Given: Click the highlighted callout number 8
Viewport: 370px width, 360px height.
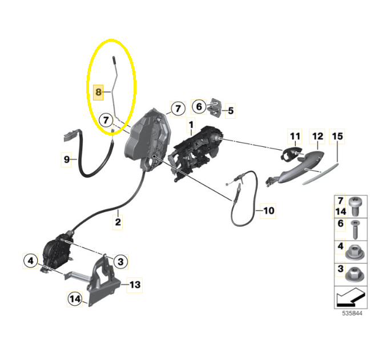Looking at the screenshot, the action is [98, 92].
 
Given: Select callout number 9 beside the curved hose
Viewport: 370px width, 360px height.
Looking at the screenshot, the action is [67, 159].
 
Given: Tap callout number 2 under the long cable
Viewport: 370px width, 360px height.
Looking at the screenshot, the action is [118, 222].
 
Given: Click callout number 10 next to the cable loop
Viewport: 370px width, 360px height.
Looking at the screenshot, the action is [268, 210].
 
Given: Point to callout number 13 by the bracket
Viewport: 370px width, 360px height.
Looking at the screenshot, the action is [135, 285].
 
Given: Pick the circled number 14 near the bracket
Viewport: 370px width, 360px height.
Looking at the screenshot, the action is [75, 299].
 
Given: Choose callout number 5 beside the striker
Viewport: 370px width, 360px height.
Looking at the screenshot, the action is [231, 110].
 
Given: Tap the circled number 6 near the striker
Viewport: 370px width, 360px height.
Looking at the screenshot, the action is [199, 107].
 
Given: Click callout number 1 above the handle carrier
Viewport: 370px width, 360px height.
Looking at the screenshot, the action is [191, 125].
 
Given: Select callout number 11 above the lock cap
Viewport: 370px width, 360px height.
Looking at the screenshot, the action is [295, 137].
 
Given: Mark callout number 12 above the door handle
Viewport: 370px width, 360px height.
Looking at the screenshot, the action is [317, 137].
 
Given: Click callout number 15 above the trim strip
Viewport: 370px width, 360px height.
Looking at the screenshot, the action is [337, 137].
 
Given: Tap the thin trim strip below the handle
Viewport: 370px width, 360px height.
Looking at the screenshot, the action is [320, 174].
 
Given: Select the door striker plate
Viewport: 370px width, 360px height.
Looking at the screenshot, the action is [215, 107].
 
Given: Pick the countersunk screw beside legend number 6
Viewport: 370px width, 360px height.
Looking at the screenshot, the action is [355, 230].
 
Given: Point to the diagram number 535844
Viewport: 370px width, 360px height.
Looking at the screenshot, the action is [352, 313].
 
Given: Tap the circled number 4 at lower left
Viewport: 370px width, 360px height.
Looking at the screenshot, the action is [31, 261].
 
